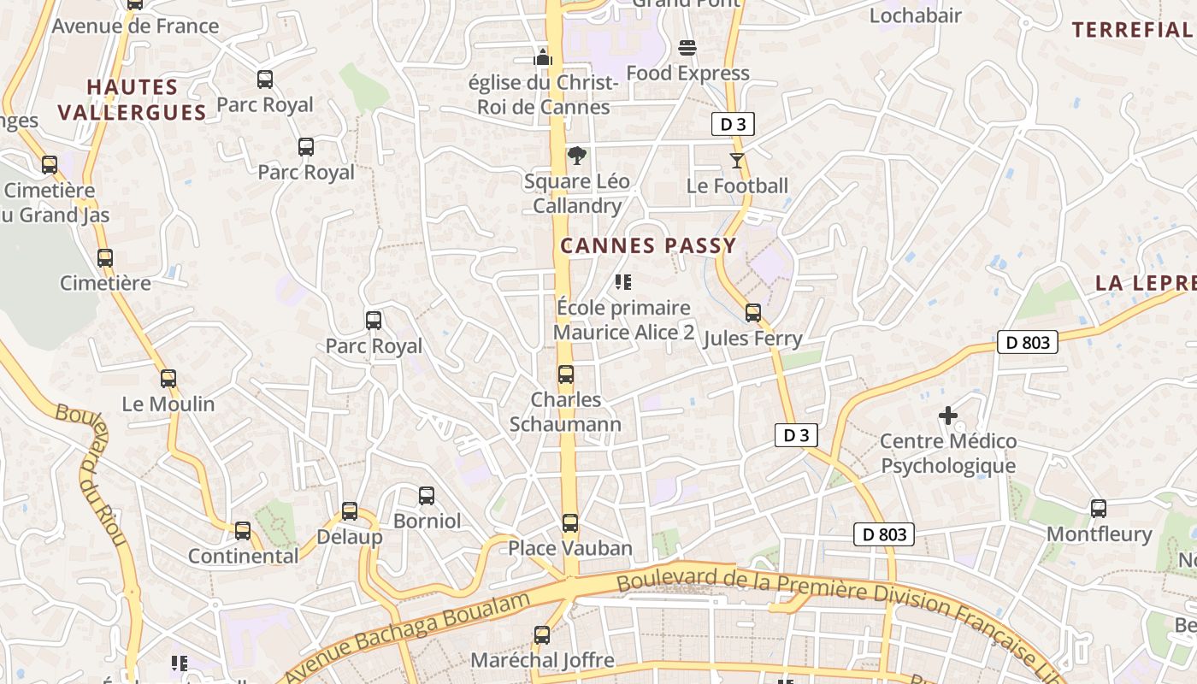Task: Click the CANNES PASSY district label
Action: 648,246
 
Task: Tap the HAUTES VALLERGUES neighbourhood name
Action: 133,99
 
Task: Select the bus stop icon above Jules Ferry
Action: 753,313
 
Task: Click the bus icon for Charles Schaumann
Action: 566,374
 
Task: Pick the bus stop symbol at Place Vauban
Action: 570,523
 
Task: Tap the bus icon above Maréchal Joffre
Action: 542,635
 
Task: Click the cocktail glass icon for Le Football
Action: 737,160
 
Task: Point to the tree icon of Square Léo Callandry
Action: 577,156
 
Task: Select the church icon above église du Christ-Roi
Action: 543,57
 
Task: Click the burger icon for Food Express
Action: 687,47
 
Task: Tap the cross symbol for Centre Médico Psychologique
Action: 948,416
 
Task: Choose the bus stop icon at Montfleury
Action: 1099,509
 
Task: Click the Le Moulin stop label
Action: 168,404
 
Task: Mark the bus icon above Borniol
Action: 427,496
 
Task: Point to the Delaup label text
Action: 350,538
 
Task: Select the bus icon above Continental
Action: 243,531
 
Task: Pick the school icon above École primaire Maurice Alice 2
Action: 623,281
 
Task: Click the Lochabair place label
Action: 916,15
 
